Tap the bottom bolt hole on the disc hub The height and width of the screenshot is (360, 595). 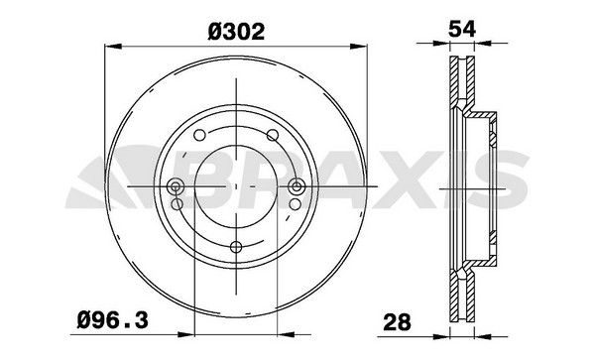(x=236, y=249)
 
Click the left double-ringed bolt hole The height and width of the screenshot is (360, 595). (x=177, y=186)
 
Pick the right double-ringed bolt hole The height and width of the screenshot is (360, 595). (x=296, y=186)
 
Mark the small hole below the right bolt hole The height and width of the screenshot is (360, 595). (x=296, y=205)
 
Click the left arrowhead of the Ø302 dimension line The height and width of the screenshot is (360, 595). (x=109, y=45)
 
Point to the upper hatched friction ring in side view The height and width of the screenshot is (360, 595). (x=458, y=84)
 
